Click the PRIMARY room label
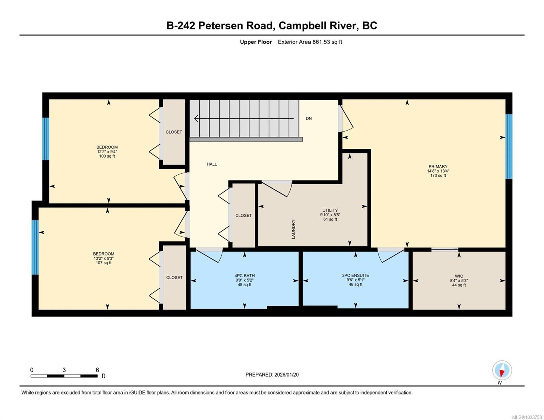point(438,167)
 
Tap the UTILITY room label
point(330,210)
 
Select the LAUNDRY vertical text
point(294,229)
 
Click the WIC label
point(459,276)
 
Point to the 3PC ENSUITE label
point(356,275)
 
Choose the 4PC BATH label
point(245,276)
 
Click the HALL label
point(212,164)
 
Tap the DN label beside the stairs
point(309,119)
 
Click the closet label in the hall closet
point(243,216)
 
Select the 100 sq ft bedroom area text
point(107,156)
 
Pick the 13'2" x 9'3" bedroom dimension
point(104,258)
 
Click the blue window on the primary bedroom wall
point(509,146)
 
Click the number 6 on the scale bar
point(97,370)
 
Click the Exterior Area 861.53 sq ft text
point(310,42)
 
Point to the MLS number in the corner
point(527,417)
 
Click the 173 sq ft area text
point(438,176)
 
